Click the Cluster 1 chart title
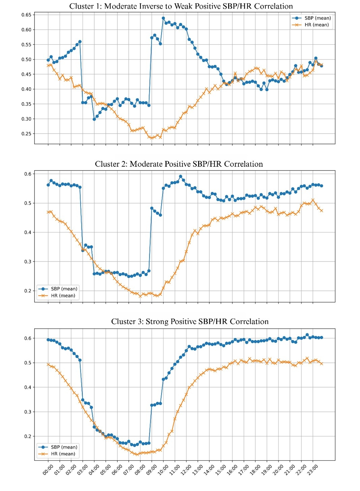(181, 6)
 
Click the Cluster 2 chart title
(179, 164)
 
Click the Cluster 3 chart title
(190, 321)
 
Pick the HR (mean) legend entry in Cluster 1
(317, 25)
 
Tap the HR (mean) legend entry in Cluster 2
(63, 296)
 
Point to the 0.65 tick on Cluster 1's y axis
(26, 15)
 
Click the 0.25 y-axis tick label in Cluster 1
(26, 134)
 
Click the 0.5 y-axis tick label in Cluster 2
(28, 203)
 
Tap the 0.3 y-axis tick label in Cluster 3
(28, 412)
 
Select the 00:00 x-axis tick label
(48, 469)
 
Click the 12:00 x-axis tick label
(186, 469)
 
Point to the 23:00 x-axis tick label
(312, 469)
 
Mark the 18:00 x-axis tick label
(255, 469)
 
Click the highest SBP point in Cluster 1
(163, 18)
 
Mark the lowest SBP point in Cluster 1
(94, 119)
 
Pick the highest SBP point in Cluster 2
(181, 176)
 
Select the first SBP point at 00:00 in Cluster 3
(48, 340)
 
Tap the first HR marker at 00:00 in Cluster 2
(48, 212)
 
